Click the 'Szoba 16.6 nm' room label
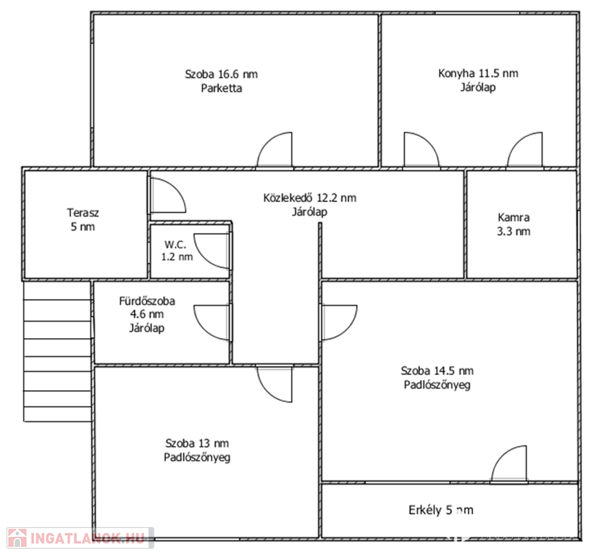pyautogui.click(x=221, y=75)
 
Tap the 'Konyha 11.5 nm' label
pyautogui.click(x=478, y=73)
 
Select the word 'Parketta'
pyautogui.click(x=221, y=88)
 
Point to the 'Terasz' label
pyautogui.click(x=83, y=213)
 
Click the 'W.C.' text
pyautogui.click(x=175, y=245)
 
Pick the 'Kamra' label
pyautogui.click(x=514, y=217)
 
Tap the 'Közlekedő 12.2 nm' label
pyautogui.click(x=309, y=198)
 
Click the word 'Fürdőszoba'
pyautogui.click(x=147, y=301)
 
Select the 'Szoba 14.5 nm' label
pyautogui.click(x=437, y=371)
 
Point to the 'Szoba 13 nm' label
pyautogui.click(x=197, y=443)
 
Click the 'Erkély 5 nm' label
pyautogui.click(x=441, y=510)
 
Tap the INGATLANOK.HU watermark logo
pyautogui.click(x=80, y=538)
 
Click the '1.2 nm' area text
pyautogui.click(x=177, y=257)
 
